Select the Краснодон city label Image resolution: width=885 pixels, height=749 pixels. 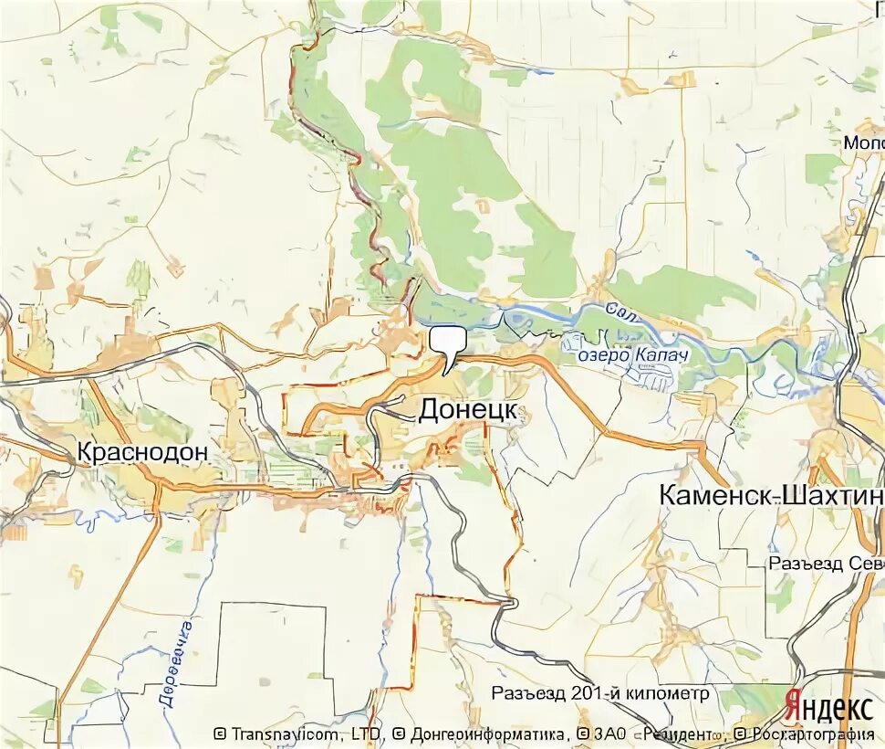click(143, 451)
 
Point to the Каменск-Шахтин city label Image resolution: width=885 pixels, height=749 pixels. click(771, 496)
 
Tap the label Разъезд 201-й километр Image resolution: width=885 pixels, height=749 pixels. click(599, 693)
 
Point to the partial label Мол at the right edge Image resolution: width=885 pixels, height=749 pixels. click(862, 143)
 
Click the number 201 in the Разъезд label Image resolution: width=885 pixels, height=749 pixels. click(587, 693)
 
